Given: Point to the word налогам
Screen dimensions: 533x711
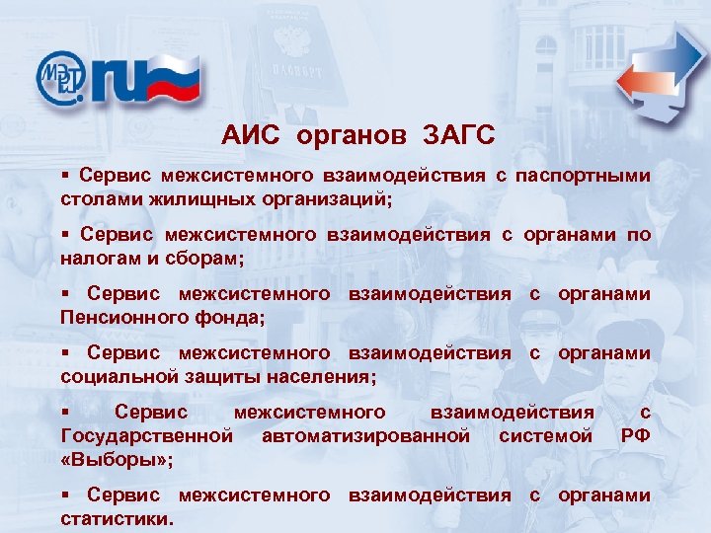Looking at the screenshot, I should pyautogui.click(x=101, y=258).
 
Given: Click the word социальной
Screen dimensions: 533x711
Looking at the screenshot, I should pyautogui.click(x=111, y=376).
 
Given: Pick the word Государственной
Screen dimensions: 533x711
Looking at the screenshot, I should pyautogui.click(x=147, y=435).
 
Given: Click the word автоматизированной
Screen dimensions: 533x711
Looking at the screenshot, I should pyautogui.click(x=365, y=435).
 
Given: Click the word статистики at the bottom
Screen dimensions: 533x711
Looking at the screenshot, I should pyautogui.click(x=116, y=517).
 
